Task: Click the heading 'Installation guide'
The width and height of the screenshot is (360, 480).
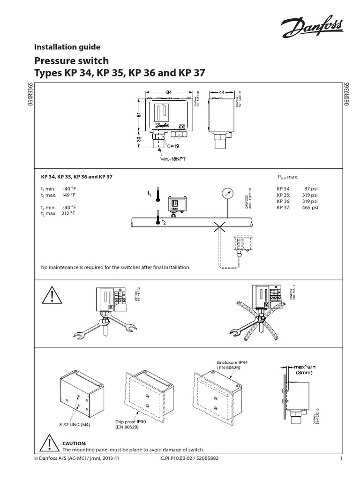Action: coord(67,46)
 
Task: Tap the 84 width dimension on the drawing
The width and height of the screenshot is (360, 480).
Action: coord(169,92)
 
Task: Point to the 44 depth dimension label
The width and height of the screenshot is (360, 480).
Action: coord(222,92)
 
